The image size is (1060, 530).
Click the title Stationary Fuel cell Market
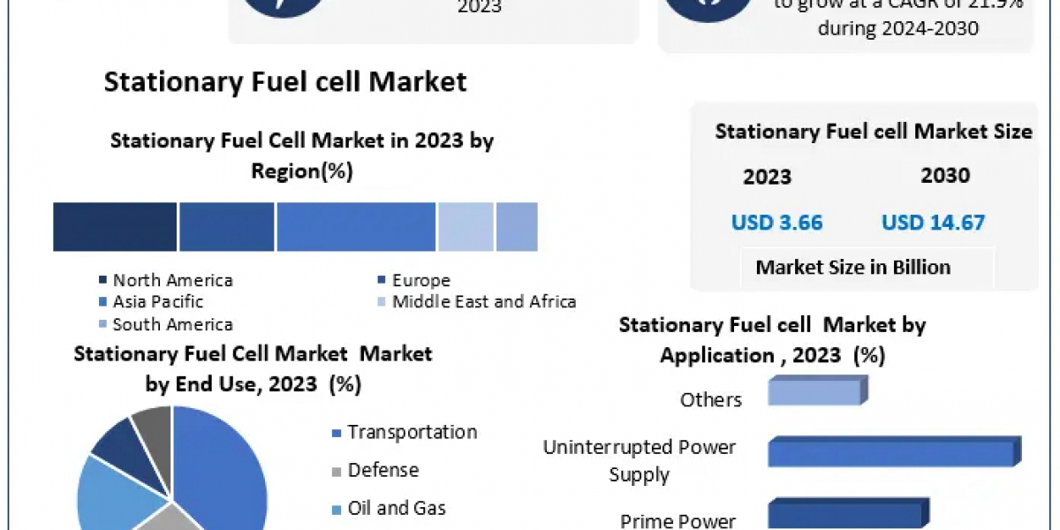point(285,82)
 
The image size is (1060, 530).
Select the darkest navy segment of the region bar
point(115,226)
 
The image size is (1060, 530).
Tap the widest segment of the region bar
point(356,226)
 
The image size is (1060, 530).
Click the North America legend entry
point(172,280)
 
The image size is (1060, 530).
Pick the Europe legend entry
point(420,280)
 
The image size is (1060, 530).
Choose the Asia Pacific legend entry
point(157,302)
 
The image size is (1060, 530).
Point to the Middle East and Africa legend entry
point(483,302)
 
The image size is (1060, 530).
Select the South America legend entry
point(172,324)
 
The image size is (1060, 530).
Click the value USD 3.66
point(776,223)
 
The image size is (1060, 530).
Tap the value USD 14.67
point(933,223)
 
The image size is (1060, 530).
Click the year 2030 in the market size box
point(945,176)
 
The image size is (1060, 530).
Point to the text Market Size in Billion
point(853,268)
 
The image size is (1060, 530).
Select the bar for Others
point(814,391)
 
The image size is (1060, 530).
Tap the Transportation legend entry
point(412,433)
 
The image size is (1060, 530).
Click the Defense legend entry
point(382,470)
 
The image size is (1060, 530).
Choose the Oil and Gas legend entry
point(397,508)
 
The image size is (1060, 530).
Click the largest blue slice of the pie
point(221,459)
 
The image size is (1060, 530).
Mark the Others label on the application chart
point(710,400)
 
